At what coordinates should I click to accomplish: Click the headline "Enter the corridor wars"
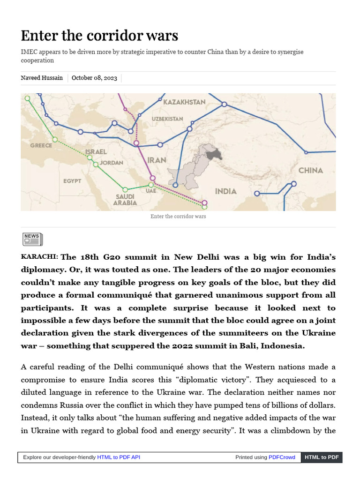click(99, 36)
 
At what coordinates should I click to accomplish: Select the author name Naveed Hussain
click(42, 78)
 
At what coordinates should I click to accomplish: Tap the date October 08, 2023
click(94, 78)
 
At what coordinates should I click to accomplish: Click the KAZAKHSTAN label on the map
click(184, 102)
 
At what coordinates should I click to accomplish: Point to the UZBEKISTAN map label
click(167, 119)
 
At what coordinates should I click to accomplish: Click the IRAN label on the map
click(157, 160)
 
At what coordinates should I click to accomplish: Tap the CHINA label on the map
click(310, 170)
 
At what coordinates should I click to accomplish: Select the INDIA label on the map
click(225, 191)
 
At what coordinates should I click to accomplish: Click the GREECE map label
click(41, 145)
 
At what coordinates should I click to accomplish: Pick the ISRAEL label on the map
click(96, 152)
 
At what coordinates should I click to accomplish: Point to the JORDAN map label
click(112, 163)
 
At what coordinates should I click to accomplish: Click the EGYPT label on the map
click(72, 181)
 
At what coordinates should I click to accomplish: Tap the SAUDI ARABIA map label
click(125, 200)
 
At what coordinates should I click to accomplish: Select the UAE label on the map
click(151, 191)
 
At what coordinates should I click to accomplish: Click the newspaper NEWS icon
click(32, 239)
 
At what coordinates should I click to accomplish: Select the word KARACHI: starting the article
click(39, 257)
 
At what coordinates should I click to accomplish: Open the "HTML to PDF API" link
click(118, 457)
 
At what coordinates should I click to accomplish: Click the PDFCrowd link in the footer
click(282, 457)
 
